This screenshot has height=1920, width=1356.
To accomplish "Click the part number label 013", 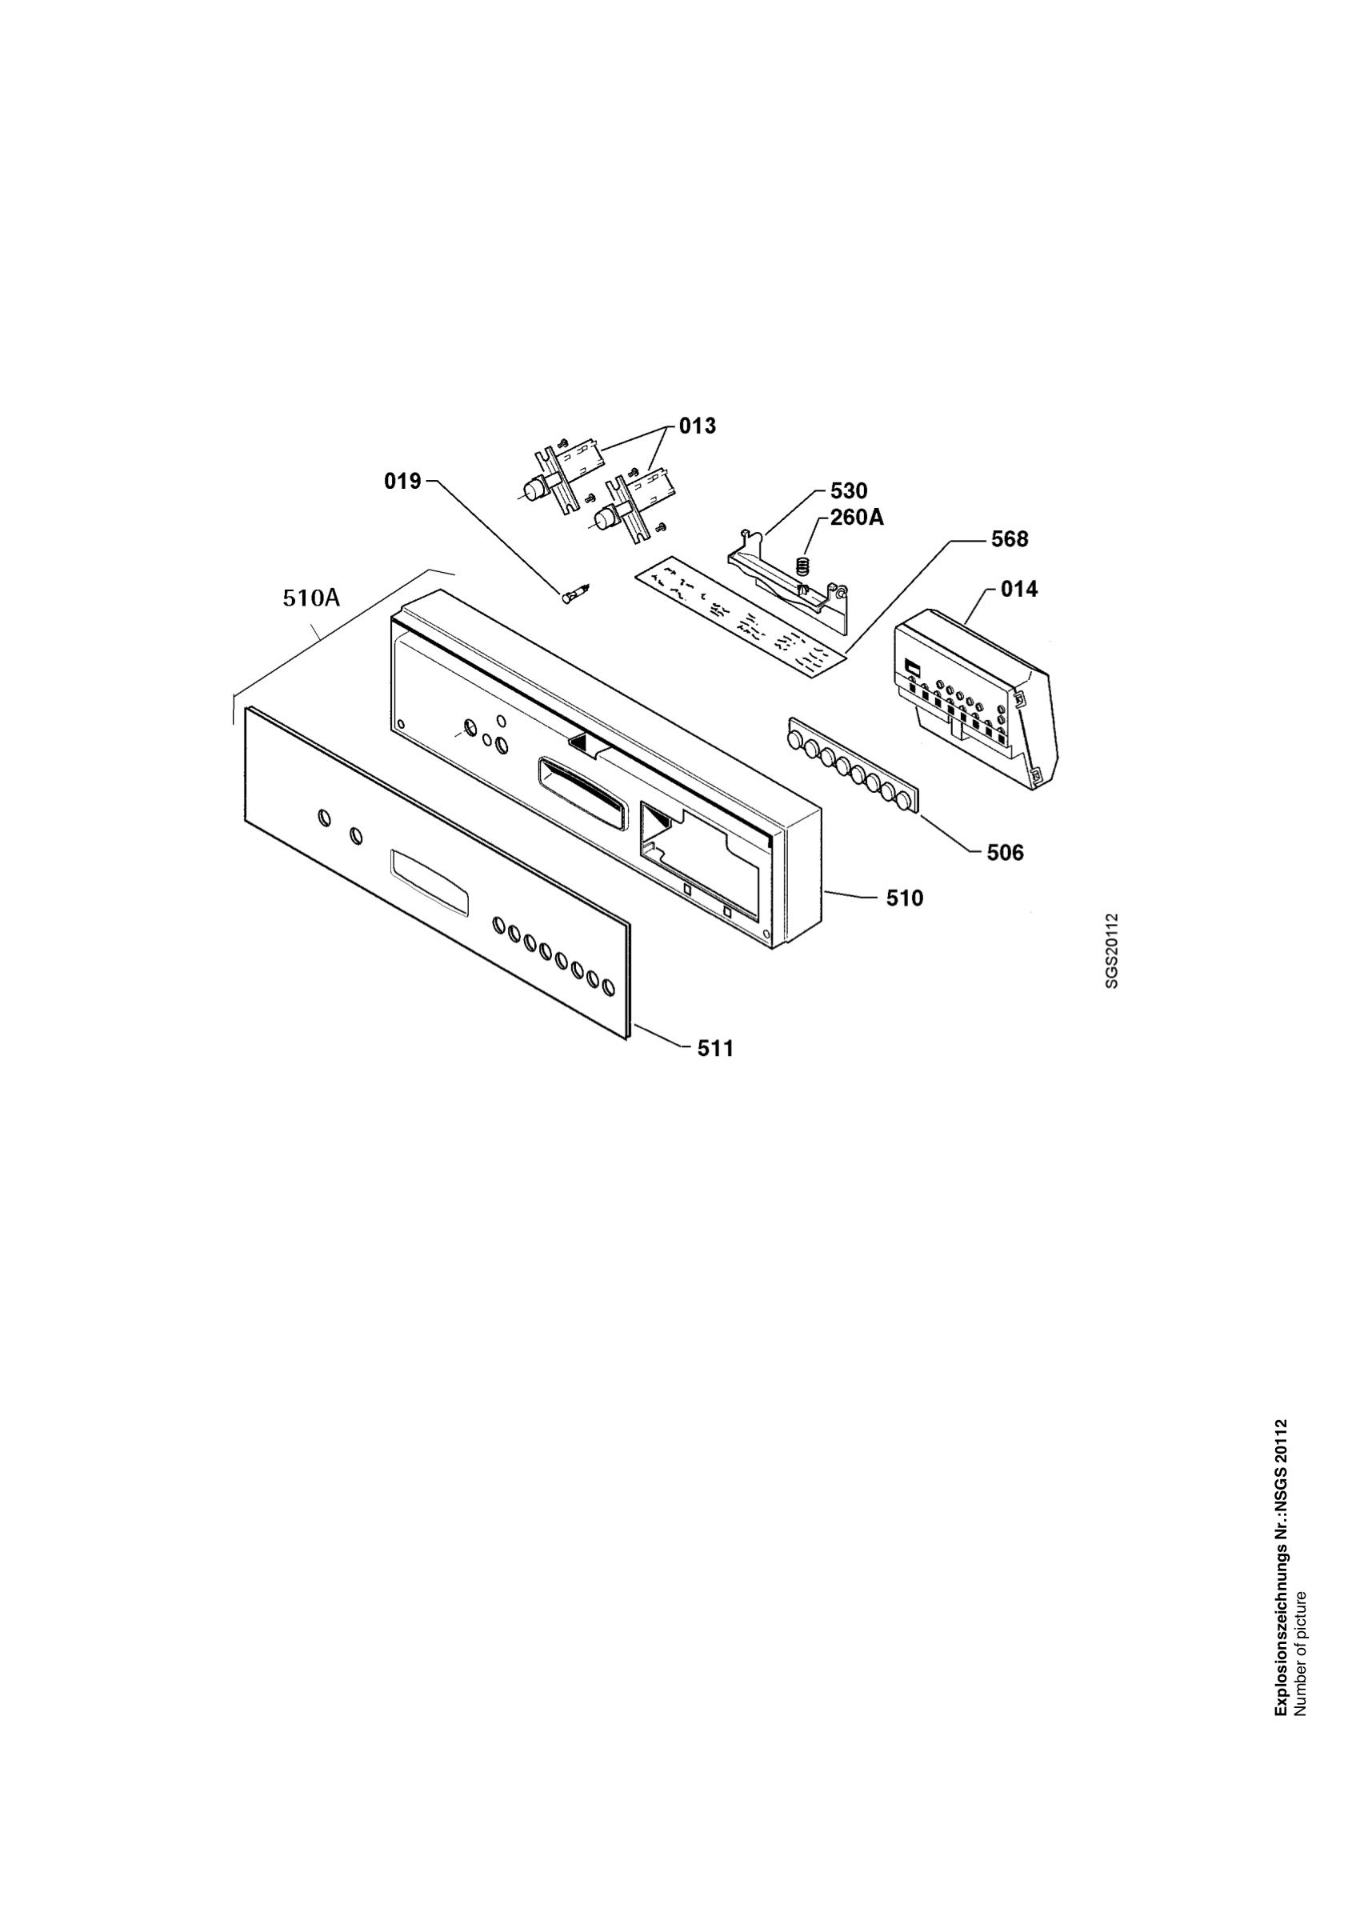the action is [698, 426].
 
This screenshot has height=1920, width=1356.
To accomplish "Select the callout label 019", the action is [403, 482].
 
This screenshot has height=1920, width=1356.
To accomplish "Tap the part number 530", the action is [849, 491].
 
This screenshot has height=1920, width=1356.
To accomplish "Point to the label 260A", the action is [857, 518].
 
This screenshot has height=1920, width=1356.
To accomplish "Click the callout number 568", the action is [1010, 539].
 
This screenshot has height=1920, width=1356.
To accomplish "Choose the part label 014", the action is [1019, 590].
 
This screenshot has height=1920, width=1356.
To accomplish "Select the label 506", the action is [1005, 853].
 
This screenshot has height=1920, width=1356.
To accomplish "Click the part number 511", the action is [716, 1049].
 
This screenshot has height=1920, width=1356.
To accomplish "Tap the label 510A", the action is [312, 598].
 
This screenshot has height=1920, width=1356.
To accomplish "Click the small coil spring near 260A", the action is [804, 566].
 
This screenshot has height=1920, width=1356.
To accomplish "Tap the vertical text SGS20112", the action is [1111, 951].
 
